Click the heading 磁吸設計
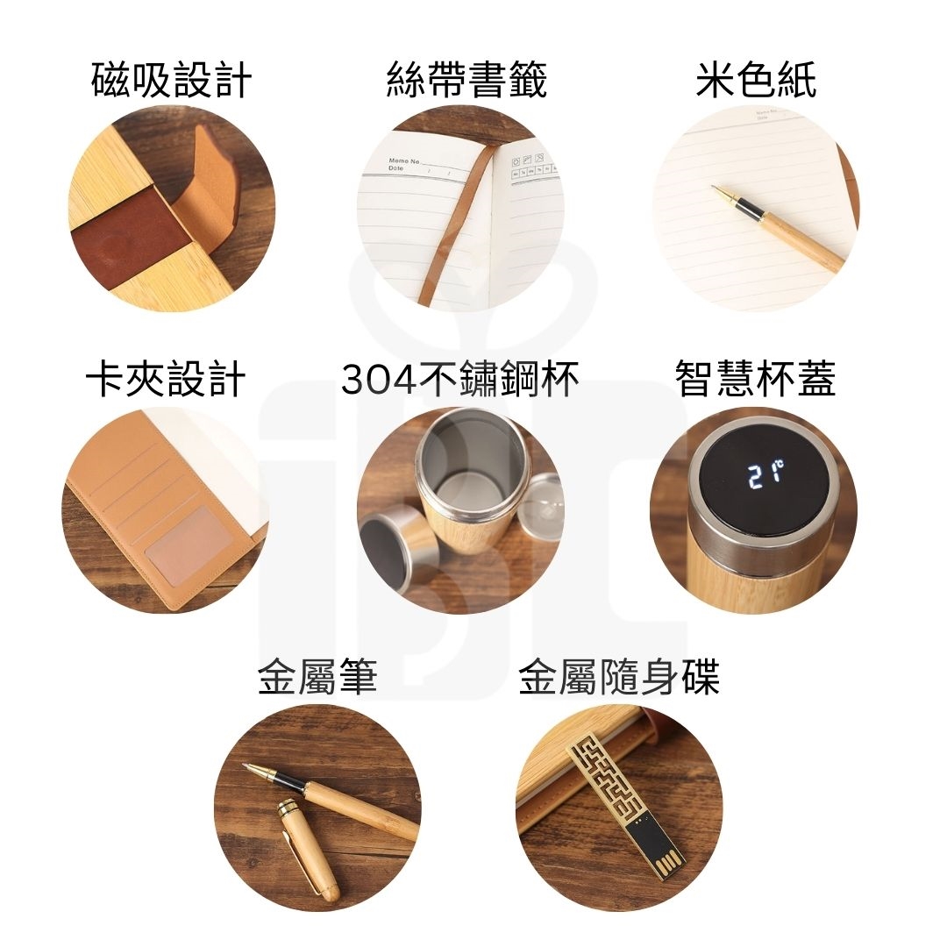171,79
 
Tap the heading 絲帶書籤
466,79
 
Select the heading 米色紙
756,79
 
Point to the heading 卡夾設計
166,380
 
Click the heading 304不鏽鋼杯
459,380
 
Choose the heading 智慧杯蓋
755,380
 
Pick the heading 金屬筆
317,677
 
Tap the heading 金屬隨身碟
619,677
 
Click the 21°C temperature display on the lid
765,474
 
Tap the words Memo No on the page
403,161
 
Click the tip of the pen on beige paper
713,188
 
